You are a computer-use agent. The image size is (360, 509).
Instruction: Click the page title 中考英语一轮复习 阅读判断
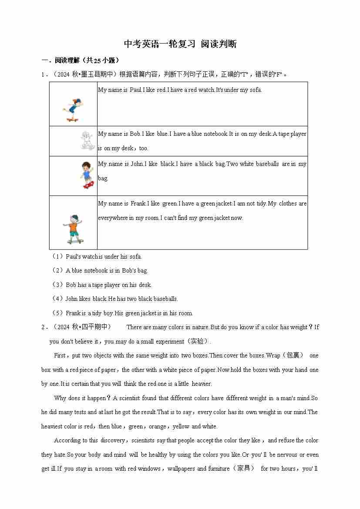180,44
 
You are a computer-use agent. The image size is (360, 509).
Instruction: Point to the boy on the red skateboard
87,175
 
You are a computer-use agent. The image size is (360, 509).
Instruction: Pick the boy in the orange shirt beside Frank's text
73,229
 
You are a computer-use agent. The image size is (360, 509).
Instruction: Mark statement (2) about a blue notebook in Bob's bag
107,270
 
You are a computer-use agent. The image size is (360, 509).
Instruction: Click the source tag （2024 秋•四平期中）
82,327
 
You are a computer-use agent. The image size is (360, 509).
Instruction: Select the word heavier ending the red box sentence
201,384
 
